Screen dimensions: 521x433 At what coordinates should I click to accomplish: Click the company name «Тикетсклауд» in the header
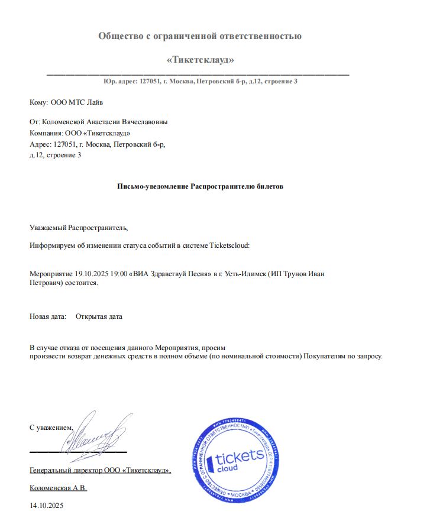coord(200,60)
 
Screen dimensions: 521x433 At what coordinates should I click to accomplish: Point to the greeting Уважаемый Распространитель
coord(78,227)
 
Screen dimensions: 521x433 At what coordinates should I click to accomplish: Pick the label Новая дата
coord(47,316)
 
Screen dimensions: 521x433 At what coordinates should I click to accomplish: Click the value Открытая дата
coord(99,316)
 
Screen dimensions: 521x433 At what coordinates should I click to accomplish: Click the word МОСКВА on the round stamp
coord(241,494)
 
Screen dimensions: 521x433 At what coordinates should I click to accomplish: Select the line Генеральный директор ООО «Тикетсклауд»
coord(100,471)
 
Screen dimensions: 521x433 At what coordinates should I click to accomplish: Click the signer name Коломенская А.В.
coord(58,488)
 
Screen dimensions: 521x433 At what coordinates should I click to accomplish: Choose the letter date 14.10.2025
coord(46,506)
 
